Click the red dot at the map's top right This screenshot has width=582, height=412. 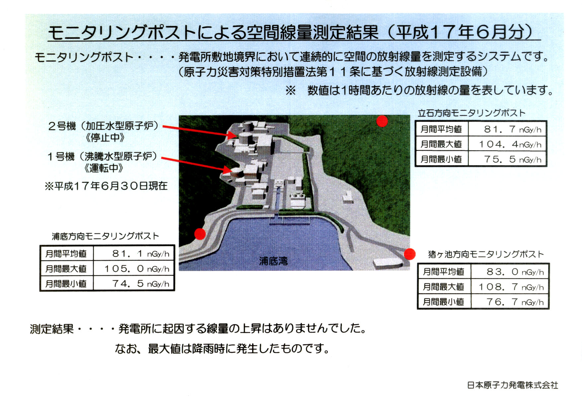382,121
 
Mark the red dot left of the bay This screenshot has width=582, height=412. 200,234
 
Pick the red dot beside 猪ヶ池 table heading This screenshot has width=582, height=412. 410,254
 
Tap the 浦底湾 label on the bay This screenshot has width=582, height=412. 273,261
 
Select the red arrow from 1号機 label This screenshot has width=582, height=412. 197,165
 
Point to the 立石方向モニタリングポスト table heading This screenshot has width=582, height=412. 472,113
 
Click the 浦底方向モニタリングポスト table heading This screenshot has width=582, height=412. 106,236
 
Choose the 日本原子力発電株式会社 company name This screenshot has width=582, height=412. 513,385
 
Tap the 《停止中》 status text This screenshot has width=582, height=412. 105,138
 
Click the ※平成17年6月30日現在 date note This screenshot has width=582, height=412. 106,186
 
